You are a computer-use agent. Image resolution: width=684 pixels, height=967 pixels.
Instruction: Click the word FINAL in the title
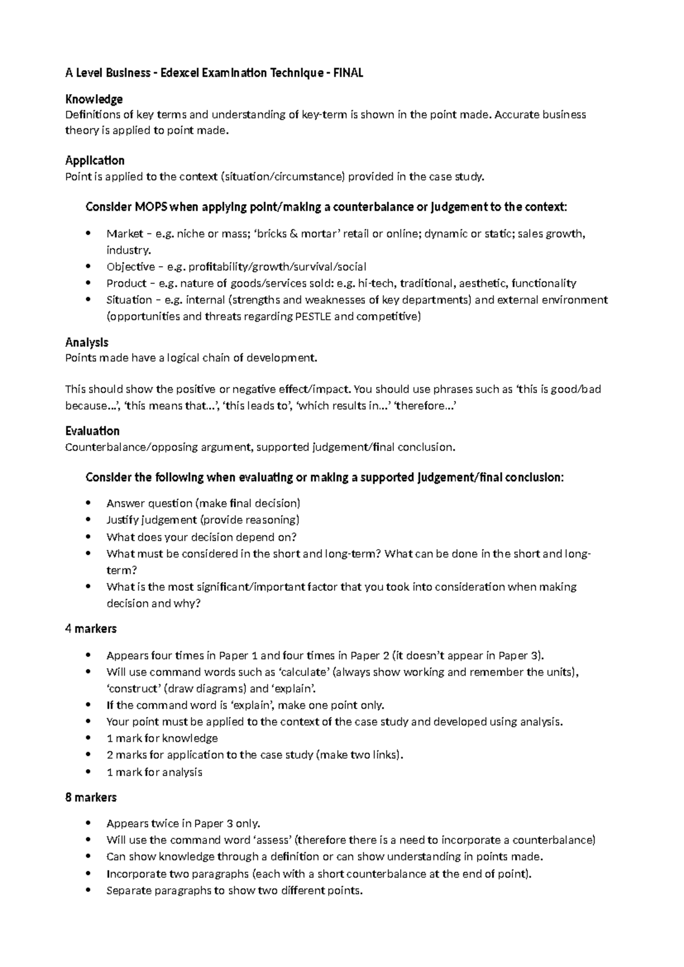pos(348,73)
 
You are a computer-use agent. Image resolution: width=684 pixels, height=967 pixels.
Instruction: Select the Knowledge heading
pos(94,99)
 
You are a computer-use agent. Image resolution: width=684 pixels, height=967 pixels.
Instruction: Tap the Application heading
pos(95,160)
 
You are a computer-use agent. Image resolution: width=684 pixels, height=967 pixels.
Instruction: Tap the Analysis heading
pos(87,342)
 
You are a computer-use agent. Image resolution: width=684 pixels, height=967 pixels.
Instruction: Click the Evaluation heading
pos(92,430)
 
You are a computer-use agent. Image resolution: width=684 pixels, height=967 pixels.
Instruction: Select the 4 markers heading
pos(91,629)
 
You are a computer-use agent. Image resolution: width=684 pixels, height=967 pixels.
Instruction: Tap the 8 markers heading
pos(91,798)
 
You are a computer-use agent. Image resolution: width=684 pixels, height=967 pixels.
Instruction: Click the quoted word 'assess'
pos(273,840)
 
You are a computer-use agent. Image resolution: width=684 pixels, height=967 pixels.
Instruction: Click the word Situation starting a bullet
pos(129,300)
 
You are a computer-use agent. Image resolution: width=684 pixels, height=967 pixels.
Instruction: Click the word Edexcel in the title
pos(184,73)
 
